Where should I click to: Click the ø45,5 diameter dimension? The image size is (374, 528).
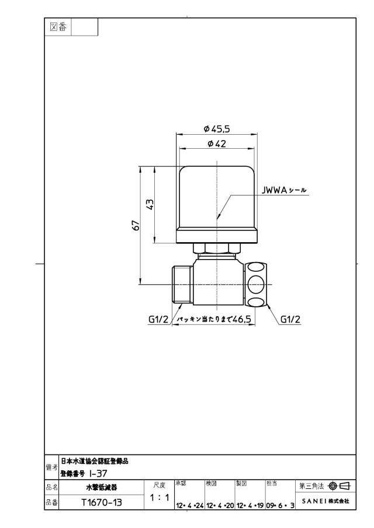tap(217, 128)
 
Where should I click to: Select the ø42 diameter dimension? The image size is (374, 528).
tap(217, 144)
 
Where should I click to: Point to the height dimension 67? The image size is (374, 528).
tap(136, 225)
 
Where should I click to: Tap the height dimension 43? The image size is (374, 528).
tap(151, 204)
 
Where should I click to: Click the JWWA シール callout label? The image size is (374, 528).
tap(284, 190)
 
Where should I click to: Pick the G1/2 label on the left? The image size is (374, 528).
tap(158, 319)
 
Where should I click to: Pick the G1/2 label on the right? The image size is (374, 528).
tap(290, 319)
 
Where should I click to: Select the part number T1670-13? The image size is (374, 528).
tap(102, 502)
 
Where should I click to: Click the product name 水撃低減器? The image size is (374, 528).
tap(102, 487)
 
